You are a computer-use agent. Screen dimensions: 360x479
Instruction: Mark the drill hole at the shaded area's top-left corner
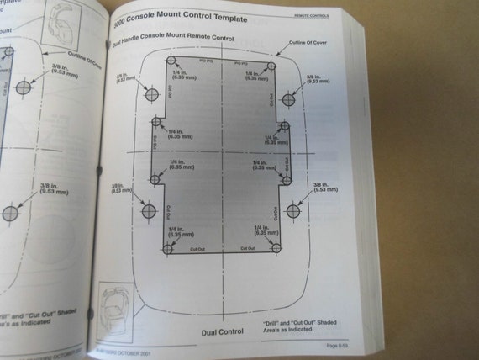coord(171,62)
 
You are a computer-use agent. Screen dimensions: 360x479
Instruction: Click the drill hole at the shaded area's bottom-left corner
coord(168,249)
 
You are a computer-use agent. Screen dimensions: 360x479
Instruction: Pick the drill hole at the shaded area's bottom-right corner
coord(276,247)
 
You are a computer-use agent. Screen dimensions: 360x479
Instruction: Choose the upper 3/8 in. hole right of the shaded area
coord(288,99)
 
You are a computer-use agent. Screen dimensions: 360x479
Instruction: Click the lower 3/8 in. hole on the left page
coord(11,214)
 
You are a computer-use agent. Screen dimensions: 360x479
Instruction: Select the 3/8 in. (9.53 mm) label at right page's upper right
coord(317,81)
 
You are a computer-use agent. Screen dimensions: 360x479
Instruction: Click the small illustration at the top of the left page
coord(61,25)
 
